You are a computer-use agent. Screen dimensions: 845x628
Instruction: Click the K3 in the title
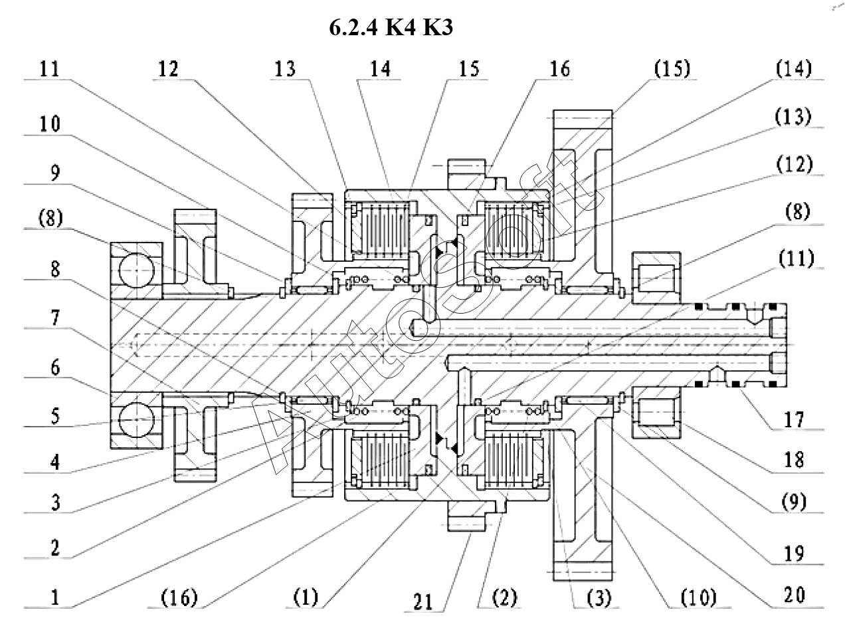point(438,27)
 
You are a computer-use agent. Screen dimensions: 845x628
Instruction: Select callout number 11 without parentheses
point(50,69)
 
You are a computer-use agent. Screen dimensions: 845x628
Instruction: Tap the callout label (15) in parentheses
point(672,68)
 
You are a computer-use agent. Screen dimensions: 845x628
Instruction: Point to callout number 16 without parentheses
point(559,69)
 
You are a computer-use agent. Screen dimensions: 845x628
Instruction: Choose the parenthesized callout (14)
point(794,68)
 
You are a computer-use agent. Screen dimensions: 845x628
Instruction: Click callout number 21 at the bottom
point(423,603)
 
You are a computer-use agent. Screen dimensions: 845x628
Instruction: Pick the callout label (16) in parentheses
point(179,597)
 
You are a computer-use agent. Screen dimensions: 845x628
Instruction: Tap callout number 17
point(794,419)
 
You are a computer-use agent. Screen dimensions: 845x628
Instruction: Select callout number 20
point(795,595)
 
